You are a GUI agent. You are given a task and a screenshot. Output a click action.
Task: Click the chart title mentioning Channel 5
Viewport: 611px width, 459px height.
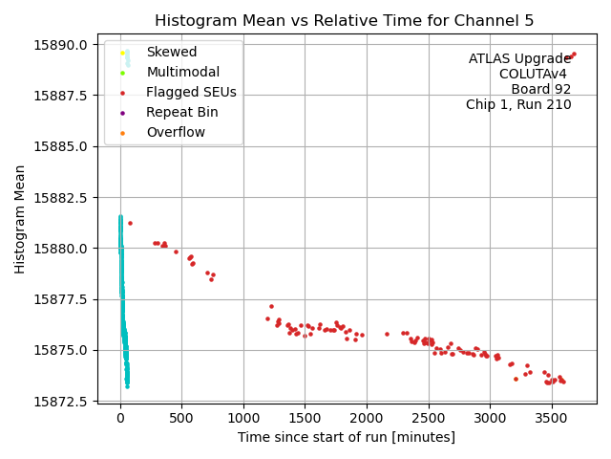pos(344,21)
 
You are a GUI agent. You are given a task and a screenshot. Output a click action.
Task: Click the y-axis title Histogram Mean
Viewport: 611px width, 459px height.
pos(20,219)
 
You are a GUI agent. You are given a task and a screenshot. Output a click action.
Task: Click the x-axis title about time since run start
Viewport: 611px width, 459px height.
pos(347,437)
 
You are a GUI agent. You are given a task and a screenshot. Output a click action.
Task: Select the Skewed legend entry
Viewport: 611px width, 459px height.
pos(172,52)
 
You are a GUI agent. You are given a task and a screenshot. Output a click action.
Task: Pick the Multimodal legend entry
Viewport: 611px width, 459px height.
pos(182,72)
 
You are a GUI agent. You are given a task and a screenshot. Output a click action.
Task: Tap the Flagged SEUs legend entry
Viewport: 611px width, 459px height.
pos(191,92)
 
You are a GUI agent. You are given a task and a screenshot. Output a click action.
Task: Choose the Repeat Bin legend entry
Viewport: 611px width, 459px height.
pos(181,112)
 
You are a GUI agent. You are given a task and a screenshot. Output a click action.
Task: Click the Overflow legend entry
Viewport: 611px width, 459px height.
pos(176,132)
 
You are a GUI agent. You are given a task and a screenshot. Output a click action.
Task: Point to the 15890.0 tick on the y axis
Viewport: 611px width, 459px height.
pos(62,45)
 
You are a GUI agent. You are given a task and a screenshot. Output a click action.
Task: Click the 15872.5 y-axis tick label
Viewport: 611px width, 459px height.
pos(62,401)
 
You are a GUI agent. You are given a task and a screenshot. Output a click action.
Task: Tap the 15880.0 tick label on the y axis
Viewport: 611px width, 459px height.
pos(62,249)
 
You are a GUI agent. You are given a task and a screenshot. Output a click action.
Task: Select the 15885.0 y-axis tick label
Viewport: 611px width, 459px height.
pos(62,146)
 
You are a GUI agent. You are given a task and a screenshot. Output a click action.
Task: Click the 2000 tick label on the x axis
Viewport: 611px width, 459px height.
pos(367,417)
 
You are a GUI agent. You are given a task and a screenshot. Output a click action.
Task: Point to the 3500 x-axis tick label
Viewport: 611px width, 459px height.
pos(551,417)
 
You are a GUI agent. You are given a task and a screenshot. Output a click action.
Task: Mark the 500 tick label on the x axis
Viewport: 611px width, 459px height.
pos(181,417)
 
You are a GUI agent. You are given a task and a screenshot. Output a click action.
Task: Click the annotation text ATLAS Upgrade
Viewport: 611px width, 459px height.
pos(519,59)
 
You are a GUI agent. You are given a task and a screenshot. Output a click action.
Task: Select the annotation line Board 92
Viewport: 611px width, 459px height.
pos(540,90)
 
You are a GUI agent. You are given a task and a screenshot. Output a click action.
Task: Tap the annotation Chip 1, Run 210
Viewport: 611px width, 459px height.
pos(518,105)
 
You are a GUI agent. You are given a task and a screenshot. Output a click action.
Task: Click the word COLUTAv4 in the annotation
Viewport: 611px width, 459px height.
pos(535,75)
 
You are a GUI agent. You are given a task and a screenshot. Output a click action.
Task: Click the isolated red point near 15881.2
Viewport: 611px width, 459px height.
pos(130,223)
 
